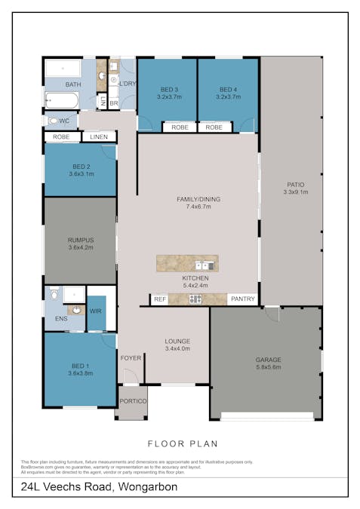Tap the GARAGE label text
pos(267,360)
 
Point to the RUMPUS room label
pos(80,239)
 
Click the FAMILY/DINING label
pos(198,199)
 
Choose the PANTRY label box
pos(242,299)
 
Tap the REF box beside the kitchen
pos(160,299)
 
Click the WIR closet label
pos(97,310)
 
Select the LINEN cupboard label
pos(99,136)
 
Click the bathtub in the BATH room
pos(63,100)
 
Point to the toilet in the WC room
pos(53,121)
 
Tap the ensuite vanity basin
pos(75,309)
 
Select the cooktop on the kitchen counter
pos(195,299)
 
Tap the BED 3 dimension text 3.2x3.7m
pos(167,97)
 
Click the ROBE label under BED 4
pos(214,127)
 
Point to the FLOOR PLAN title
pos(179,443)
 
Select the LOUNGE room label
pos(177,341)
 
